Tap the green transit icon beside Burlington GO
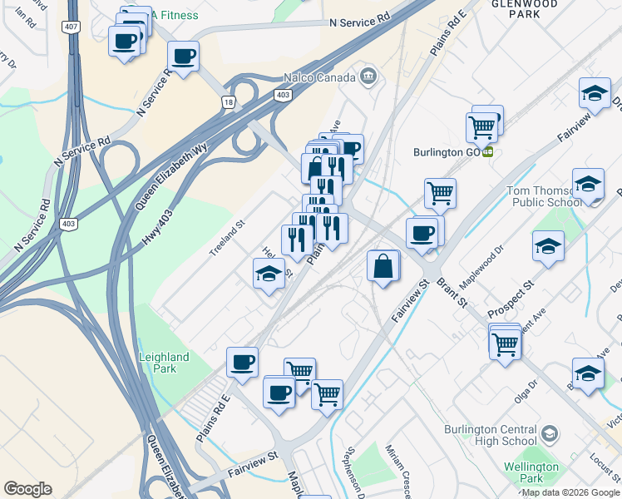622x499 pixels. pyautogui.click(x=488, y=152)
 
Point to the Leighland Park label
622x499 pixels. pyautogui.click(x=165, y=363)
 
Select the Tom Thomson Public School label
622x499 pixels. pyautogui.click(x=544, y=196)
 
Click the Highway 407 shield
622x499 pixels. pyautogui.click(x=70, y=27)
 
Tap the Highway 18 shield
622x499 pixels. pyautogui.click(x=228, y=102)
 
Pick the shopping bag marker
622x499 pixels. pyautogui.click(x=383, y=267)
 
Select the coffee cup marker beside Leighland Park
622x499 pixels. pyautogui.click(x=243, y=363)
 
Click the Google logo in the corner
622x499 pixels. pyautogui.click(x=27, y=489)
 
